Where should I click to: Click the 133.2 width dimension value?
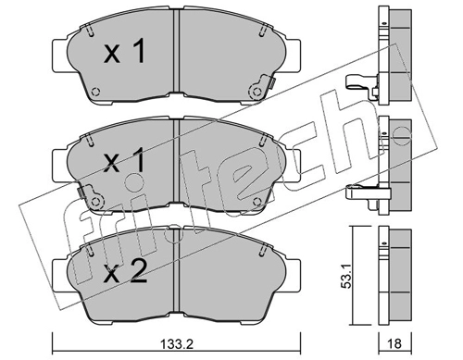tap(177, 344)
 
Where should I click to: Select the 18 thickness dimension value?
tap(395, 343)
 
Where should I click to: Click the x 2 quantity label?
tap(125, 270)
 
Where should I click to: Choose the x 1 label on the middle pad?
tap(124, 161)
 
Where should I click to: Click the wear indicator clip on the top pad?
tap(262, 87)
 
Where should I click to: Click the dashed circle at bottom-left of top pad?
tap(96, 92)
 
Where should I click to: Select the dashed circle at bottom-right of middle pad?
tap(257, 202)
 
